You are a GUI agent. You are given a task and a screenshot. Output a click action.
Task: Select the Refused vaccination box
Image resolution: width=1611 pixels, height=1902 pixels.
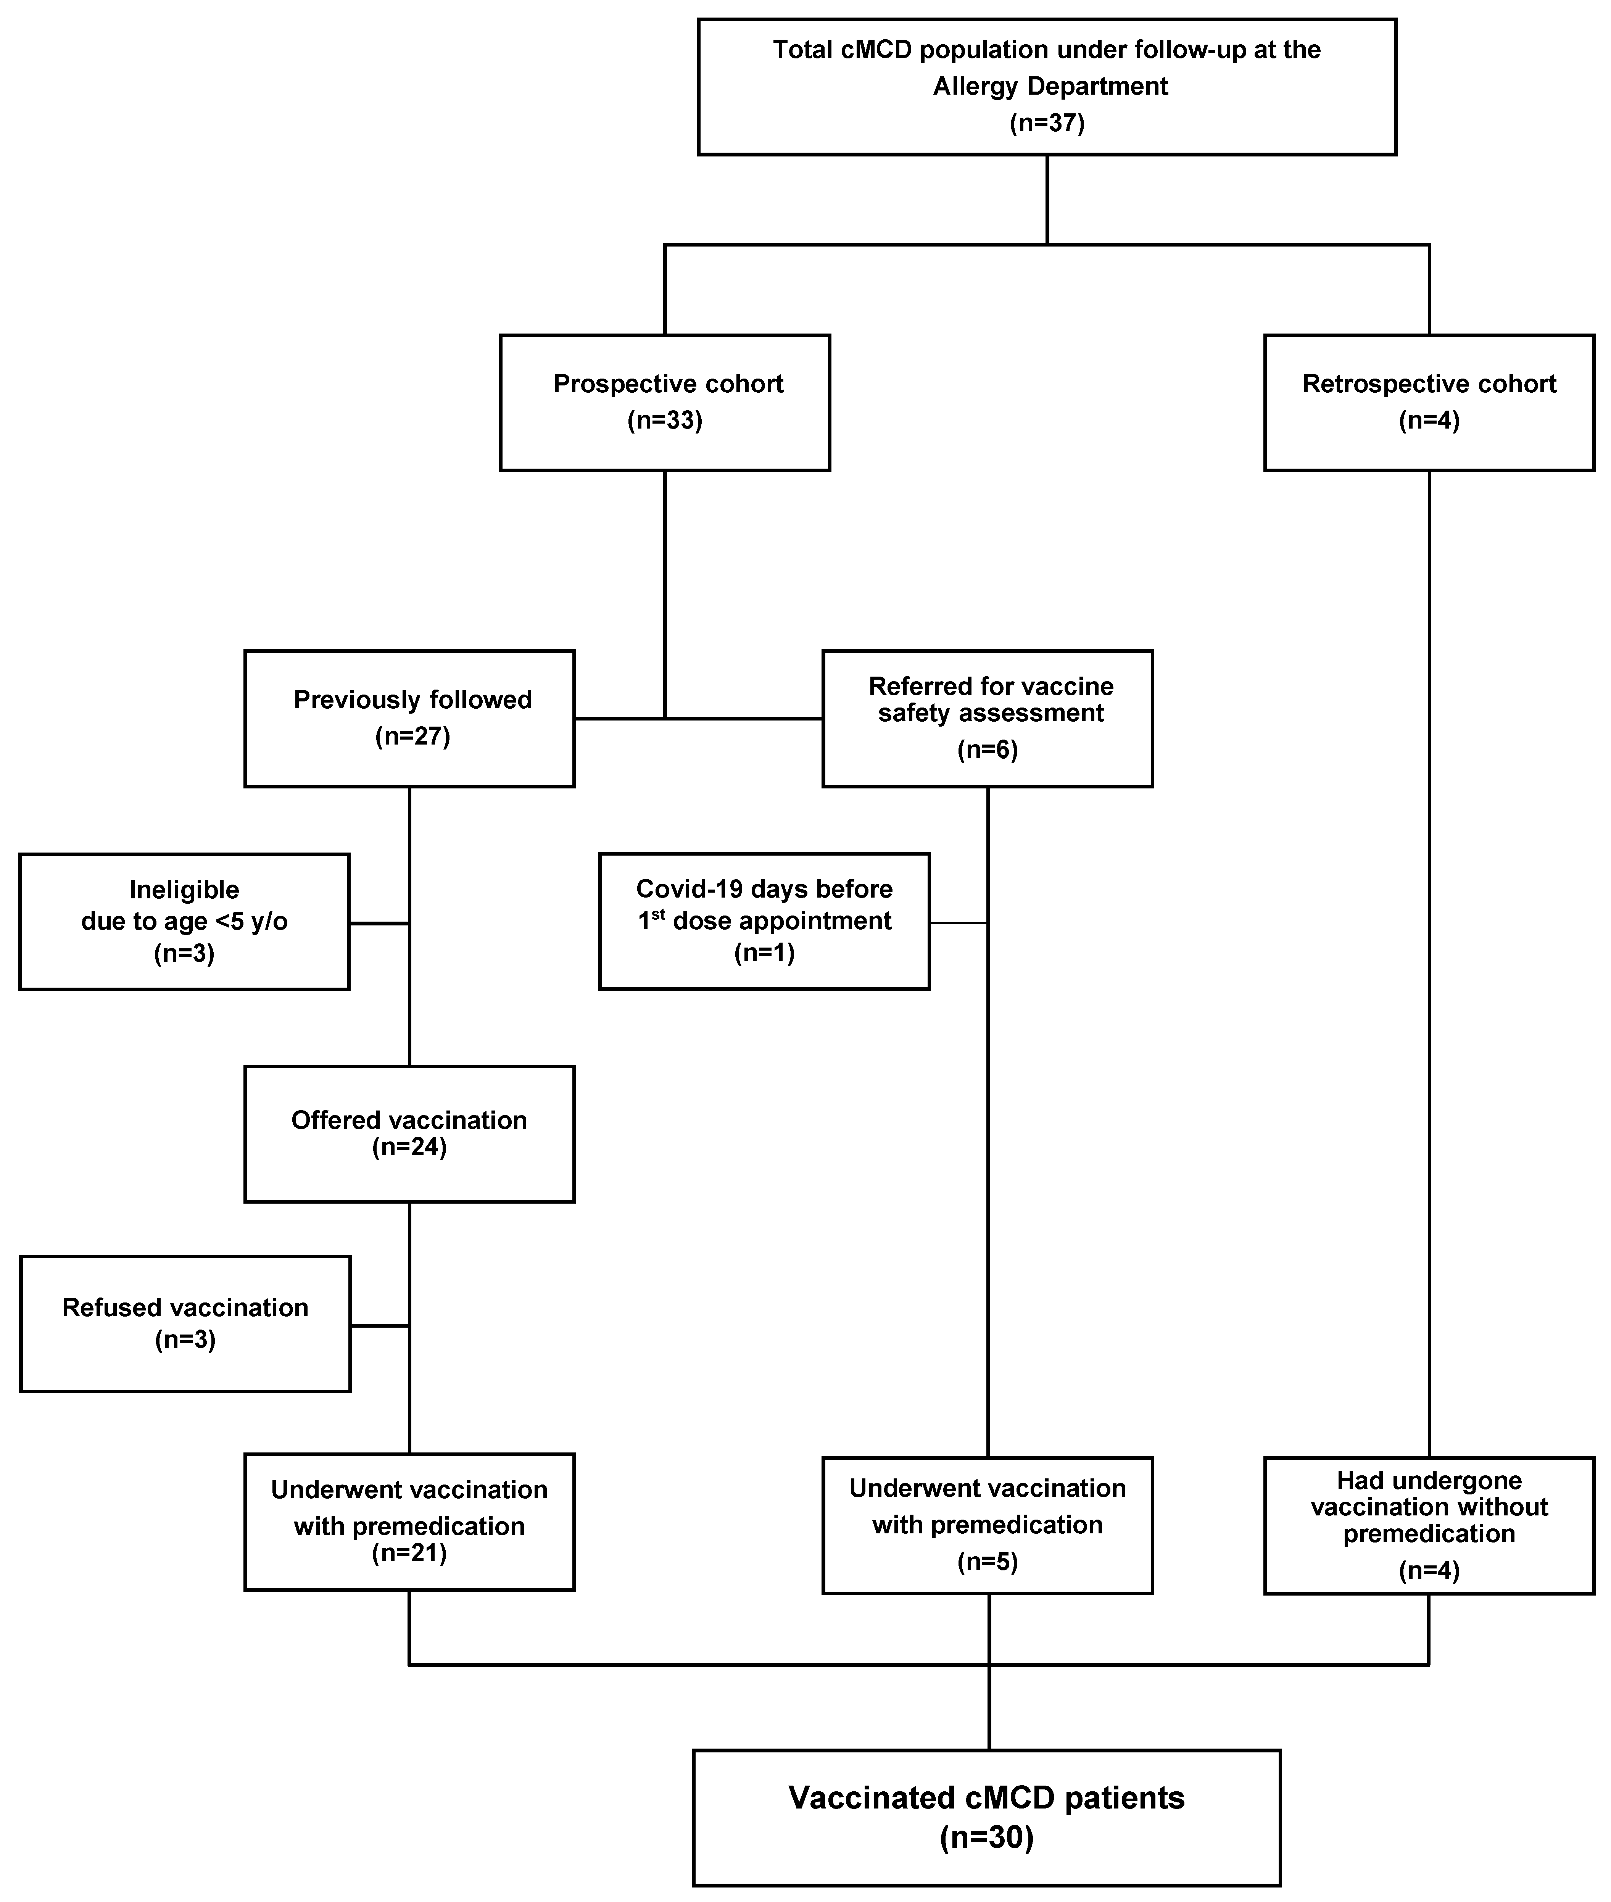(x=185, y=1324)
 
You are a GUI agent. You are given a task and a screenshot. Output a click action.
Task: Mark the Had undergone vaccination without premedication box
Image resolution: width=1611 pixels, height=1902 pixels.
(x=1429, y=1525)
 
